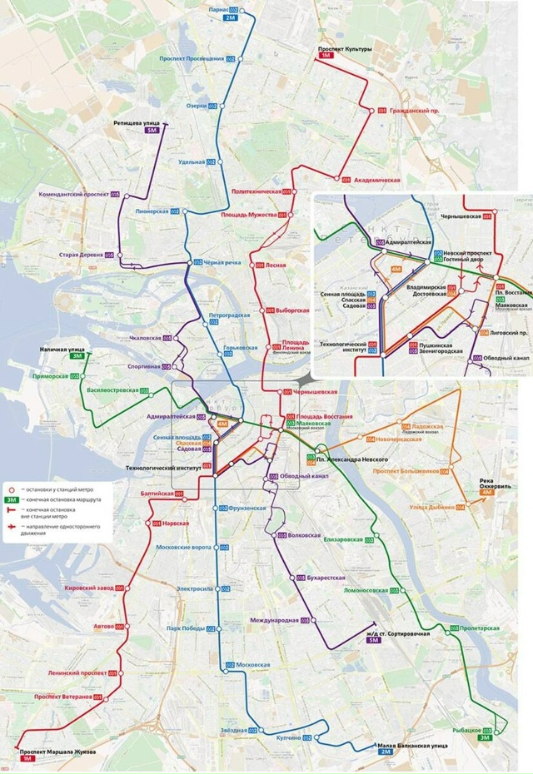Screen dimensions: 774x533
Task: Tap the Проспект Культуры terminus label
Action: click(345, 50)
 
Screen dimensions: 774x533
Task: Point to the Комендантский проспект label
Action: click(74, 194)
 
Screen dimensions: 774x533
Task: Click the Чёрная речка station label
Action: click(222, 263)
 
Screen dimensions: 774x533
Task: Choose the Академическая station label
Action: click(377, 181)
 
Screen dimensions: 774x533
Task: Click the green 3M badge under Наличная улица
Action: click(77, 356)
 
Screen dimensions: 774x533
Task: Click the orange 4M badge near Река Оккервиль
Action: click(486, 493)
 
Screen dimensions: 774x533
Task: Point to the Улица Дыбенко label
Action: click(432, 507)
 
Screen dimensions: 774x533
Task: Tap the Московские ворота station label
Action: click(184, 547)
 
